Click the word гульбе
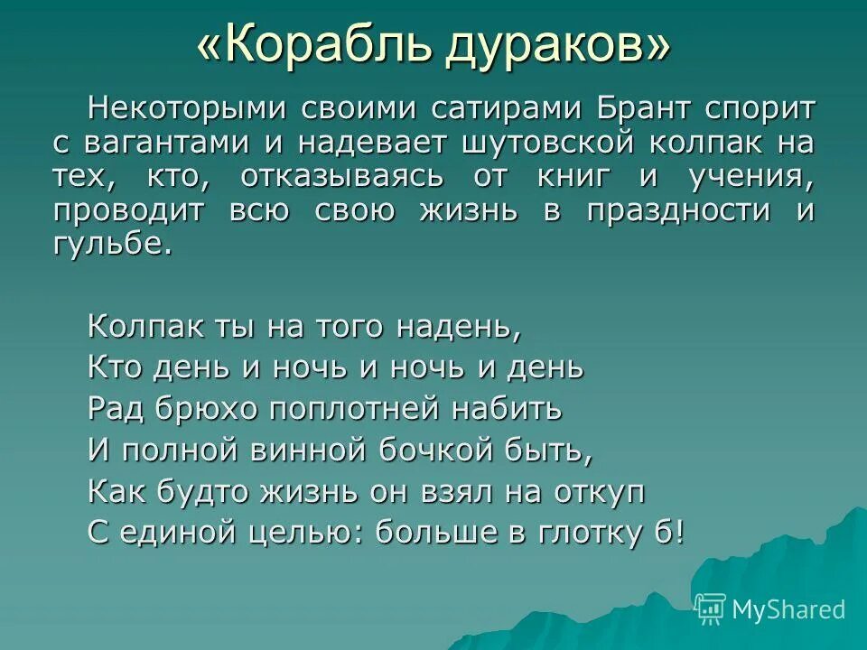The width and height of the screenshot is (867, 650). click(x=112, y=245)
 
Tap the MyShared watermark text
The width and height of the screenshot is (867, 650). click(x=788, y=609)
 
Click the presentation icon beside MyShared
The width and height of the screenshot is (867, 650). click(x=711, y=609)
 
